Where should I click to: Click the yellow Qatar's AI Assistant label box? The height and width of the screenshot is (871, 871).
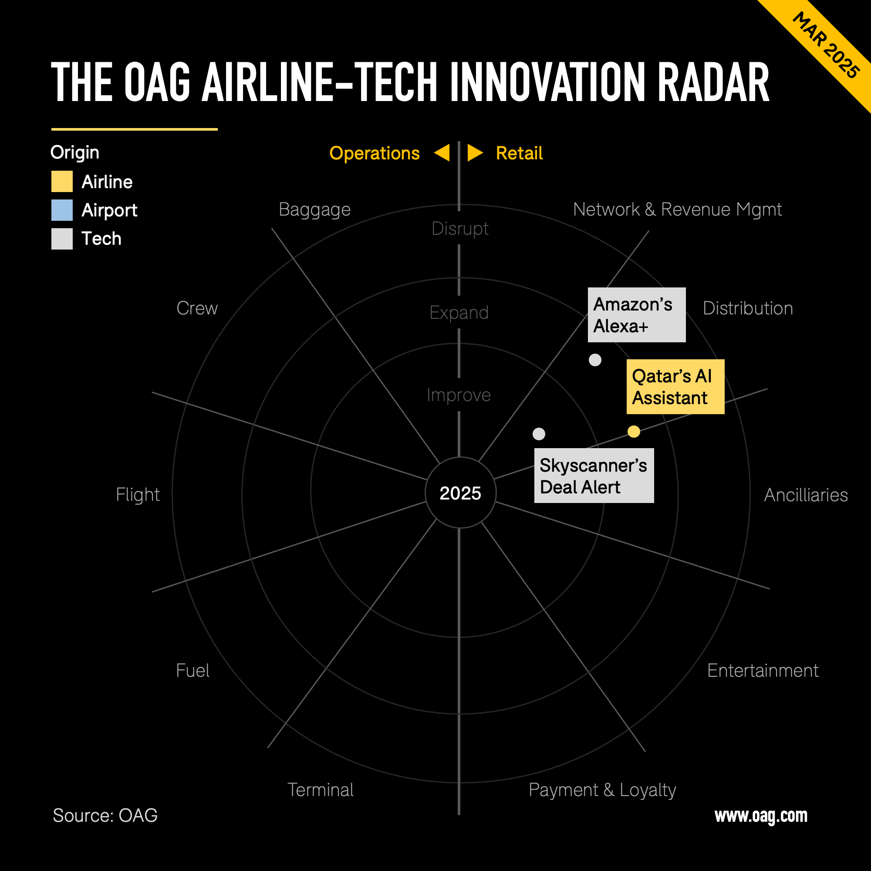[675, 387]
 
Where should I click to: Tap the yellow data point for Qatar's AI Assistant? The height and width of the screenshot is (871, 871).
[634, 432]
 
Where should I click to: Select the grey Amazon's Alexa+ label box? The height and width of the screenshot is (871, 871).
[637, 315]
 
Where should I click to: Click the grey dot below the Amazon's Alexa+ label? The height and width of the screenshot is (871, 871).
[595, 360]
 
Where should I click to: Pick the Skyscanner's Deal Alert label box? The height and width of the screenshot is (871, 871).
[594, 476]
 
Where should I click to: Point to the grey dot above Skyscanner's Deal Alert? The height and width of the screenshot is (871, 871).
[539, 434]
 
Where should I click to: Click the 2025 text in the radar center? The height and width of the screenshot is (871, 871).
[460, 493]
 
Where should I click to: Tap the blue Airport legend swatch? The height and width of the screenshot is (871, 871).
[62, 210]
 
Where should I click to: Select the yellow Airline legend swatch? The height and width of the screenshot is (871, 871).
[62, 182]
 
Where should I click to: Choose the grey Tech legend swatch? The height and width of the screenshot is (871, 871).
[62, 239]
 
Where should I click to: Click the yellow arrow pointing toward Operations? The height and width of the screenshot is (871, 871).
[443, 153]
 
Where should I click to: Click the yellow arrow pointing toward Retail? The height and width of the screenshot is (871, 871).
[474, 153]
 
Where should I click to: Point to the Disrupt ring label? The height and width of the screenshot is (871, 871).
[460, 229]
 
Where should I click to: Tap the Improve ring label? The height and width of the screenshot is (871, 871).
[459, 395]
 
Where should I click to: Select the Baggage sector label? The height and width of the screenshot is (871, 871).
[314, 209]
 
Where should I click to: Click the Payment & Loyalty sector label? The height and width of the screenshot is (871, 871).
[602, 790]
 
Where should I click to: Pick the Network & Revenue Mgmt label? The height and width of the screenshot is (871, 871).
[677, 209]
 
